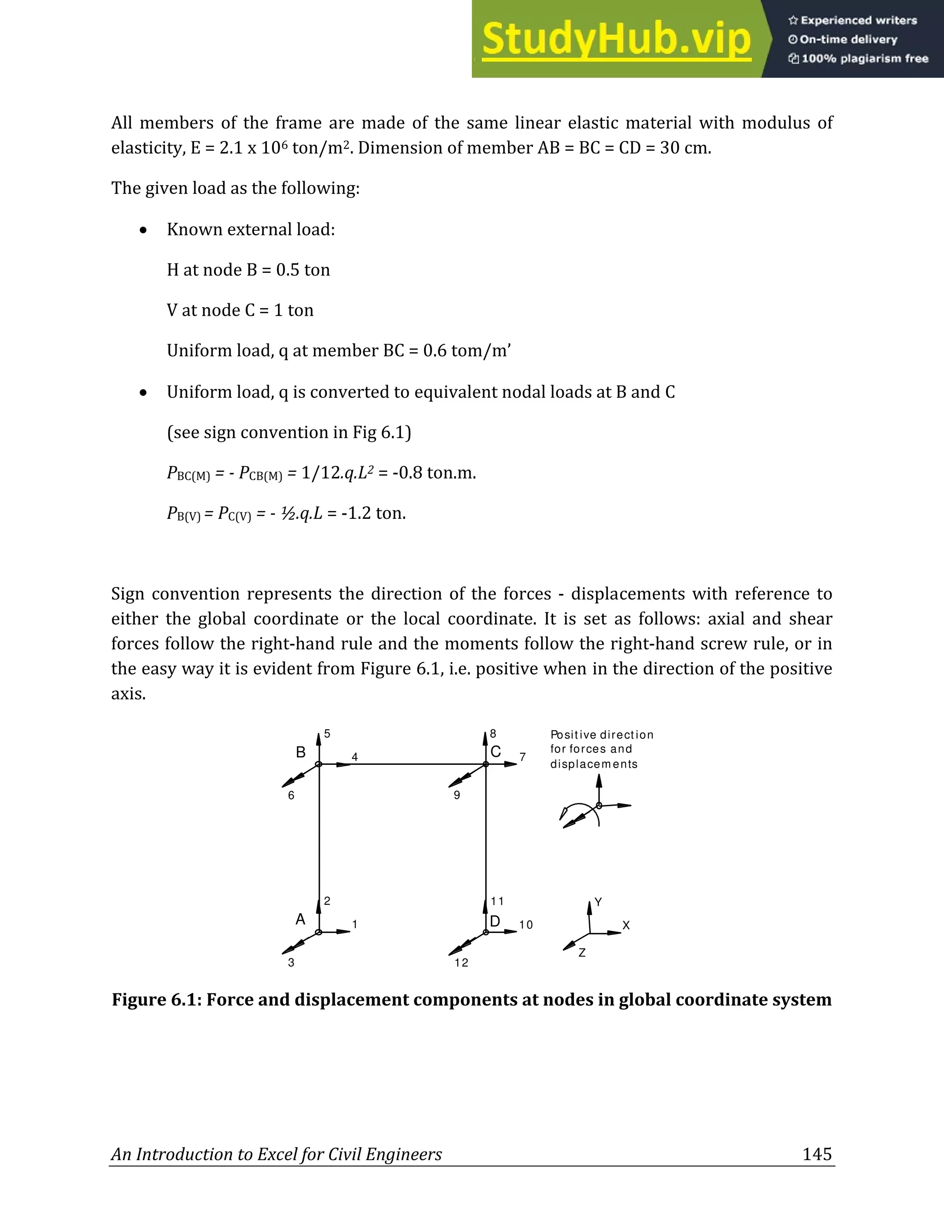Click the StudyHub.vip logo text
[x=616, y=39]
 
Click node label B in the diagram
[x=301, y=752]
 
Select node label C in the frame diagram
[x=496, y=752]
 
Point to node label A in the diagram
[x=301, y=920]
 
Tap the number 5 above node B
[x=327, y=734]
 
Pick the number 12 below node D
[x=461, y=963]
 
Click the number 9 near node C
[x=457, y=795]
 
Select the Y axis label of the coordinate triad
[x=598, y=902]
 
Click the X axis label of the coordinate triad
[x=626, y=926]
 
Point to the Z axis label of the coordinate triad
[x=582, y=953]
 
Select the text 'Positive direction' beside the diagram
[x=602, y=734]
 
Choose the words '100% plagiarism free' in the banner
[x=865, y=59]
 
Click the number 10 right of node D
[x=525, y=925]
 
